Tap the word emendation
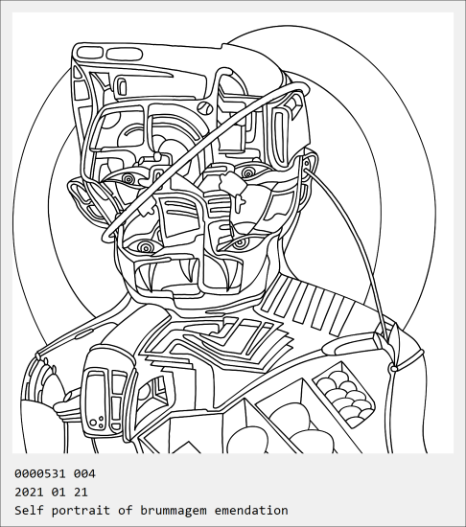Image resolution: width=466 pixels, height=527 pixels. coord(251,510)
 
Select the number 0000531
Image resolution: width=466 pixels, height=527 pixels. coord(40,473)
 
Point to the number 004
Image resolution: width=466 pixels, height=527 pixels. coord(84,473)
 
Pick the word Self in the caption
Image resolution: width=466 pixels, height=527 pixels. coord(29,510)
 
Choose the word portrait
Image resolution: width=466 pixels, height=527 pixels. coord(81,510)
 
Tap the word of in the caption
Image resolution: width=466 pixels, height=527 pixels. coord(125,510)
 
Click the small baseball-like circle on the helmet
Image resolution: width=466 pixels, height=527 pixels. coord(205,107)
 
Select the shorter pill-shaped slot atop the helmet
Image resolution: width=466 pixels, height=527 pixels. coord(89,53)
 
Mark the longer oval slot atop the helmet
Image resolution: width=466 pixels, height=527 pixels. coord(125,54)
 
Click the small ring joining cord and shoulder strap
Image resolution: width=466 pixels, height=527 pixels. coord(392,369)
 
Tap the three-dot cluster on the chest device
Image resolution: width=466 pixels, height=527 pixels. coord(98,423)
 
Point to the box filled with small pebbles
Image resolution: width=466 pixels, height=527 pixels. coord(343,394)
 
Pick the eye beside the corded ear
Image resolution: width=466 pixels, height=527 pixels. coord(248,173)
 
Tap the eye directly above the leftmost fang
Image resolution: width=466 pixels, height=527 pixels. coord(146,248)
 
